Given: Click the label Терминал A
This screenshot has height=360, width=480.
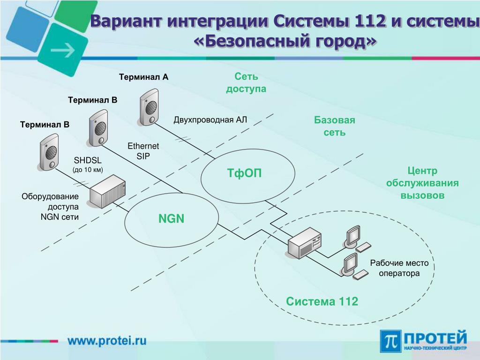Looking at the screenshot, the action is click(x=143, y=77).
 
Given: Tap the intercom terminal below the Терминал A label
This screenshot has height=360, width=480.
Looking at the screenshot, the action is click(x=149, y=107).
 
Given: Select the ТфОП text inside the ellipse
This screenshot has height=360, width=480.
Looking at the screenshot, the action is click(x=244, y=173).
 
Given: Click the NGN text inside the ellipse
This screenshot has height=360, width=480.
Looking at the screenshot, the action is click(x=172, y=218).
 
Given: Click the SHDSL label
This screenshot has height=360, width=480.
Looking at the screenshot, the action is click(x=88, y=160).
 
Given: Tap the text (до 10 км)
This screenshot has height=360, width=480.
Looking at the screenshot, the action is click(x=88, y=170).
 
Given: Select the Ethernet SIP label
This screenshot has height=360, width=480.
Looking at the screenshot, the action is click(x=143, y=151).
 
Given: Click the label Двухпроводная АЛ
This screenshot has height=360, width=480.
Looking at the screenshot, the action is click(x=210, y=120).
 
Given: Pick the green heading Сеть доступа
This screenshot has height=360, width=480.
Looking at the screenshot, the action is click(x=246, y=82).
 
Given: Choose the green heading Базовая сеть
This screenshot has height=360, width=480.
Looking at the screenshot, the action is click(x=335, y=126).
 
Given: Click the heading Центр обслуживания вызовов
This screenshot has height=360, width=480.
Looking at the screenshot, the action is click(x=422, y=183).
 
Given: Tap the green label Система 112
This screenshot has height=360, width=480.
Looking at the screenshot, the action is click(x=322, y=301).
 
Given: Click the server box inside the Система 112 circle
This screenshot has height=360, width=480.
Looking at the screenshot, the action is click(x=304, y=243).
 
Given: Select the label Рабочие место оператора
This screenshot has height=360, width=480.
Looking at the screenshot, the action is click(x=399, y=268).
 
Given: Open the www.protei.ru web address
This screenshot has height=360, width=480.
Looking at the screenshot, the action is click(x=107, y=340).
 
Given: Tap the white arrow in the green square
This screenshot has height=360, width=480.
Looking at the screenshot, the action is click(x=63, y=50).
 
